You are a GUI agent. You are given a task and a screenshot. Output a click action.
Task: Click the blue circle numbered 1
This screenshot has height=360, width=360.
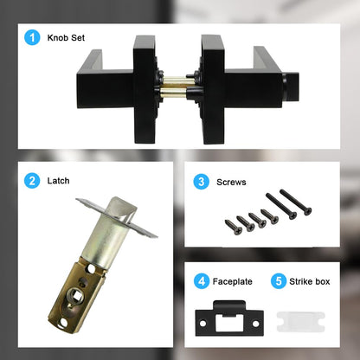(32, 37)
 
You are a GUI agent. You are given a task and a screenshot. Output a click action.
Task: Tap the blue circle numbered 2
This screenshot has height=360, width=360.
(32, 181)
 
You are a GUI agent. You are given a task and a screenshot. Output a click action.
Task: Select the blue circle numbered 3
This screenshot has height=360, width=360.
(201, 182)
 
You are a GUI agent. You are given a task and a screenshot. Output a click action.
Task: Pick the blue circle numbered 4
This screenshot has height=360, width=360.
(202, 281)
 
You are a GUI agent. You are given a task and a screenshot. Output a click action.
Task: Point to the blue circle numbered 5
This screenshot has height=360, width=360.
(279, 281)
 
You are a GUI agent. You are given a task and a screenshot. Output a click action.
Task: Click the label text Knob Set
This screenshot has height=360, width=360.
(66, 38)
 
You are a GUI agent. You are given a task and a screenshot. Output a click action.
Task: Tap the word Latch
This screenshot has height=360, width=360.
(58, 181)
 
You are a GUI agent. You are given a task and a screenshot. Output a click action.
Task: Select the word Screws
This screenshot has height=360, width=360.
(231, 182)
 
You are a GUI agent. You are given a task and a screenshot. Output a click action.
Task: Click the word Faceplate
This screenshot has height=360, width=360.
(232, 281)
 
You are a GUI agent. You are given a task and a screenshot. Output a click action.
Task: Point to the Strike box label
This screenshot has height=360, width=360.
(310, 281)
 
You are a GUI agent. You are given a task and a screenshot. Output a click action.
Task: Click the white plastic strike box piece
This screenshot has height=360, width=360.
(301, 322)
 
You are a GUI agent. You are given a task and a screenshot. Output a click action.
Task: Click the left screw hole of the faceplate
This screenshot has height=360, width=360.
(203, 324)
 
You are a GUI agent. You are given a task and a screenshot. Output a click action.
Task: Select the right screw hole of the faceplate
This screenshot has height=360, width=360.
(255, 324)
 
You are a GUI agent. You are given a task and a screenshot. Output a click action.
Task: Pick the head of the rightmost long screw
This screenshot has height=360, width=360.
(307, 211)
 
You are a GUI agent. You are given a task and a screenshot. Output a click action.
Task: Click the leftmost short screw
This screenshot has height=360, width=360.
(234, 227)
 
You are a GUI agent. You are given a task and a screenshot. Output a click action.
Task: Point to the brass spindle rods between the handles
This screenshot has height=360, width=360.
(173, 86)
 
